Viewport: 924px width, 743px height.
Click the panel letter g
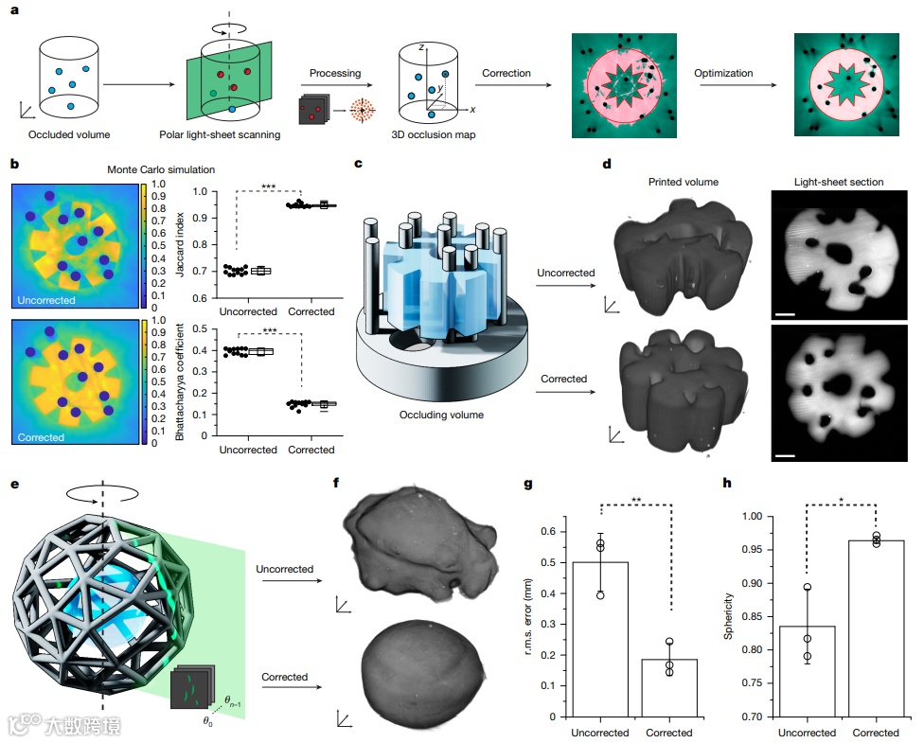[x=529, y=486]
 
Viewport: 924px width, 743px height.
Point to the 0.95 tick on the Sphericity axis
[x=751, y=550]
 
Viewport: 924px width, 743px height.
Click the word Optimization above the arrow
[x=724, y=73]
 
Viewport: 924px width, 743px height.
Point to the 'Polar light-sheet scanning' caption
[x=233, y=135]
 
